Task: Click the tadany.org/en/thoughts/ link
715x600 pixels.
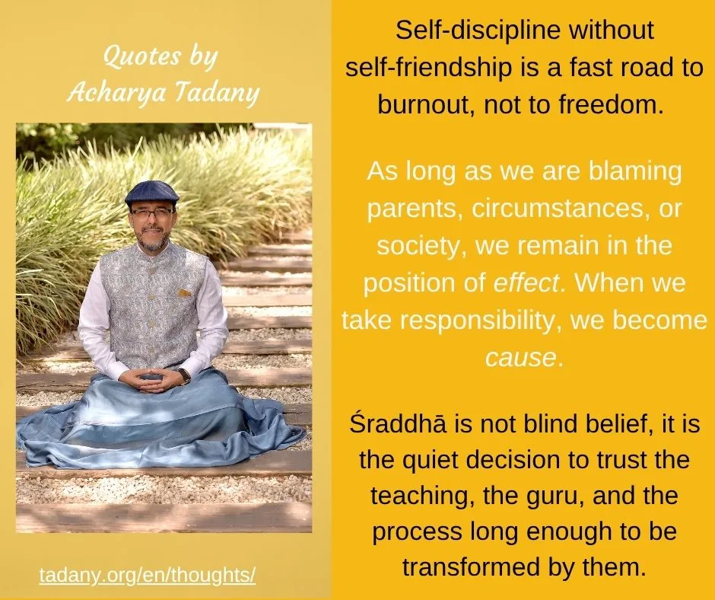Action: click(x=148, y=576)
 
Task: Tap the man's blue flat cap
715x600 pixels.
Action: click(x=152, y=193)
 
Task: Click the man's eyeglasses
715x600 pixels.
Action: click(x=152, y=212)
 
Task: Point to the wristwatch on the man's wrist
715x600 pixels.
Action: click(x=185, y=376)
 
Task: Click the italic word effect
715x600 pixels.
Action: click(x=526, y=282)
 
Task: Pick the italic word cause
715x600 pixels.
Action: click(x=520, y=358)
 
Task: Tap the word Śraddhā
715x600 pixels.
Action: click(x=398, y=423)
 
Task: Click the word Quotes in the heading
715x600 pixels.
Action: click(x=142, y=56)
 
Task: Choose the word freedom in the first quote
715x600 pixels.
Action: click(x=611, y=104)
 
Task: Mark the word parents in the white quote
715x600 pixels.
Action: click(x=416, y=209)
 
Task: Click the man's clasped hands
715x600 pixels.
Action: click(x=148, y=380)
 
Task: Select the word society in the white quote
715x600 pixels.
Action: click(x=421, y=247)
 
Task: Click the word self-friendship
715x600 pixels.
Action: click(x=428, y=69)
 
